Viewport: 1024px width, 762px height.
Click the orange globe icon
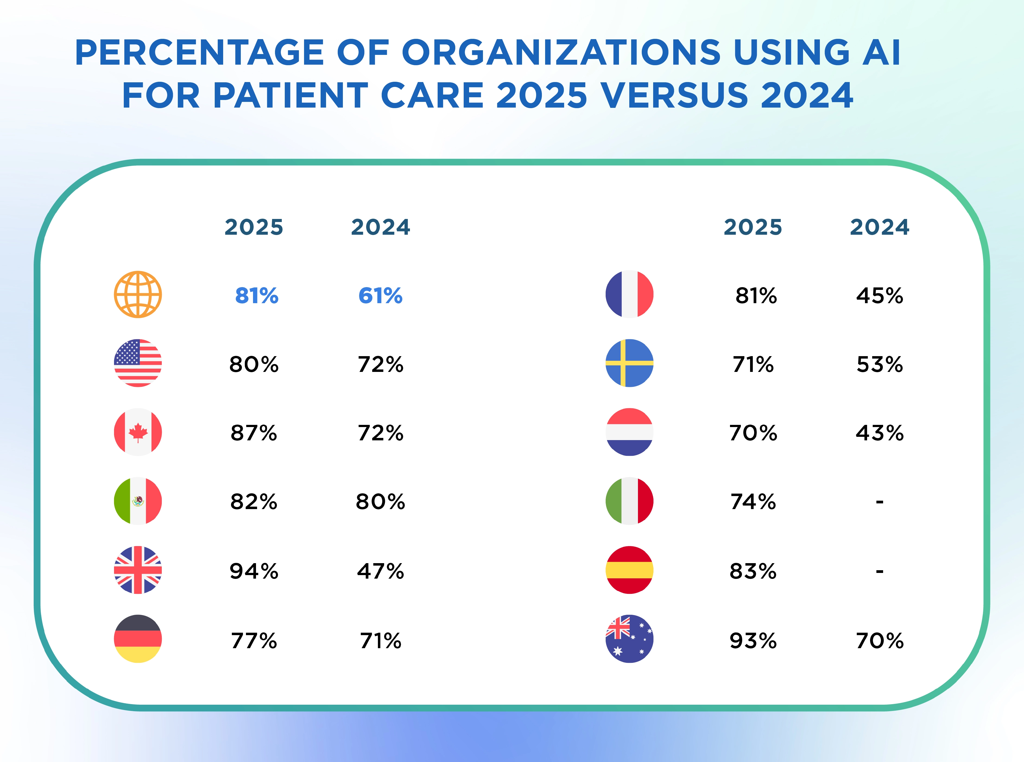pos(138,294)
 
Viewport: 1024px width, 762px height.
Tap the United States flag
pos(138,363)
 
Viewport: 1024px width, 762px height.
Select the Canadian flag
pos(138,432)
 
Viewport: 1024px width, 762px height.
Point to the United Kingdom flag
pos(138,570)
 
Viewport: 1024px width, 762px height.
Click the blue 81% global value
pos(257,296)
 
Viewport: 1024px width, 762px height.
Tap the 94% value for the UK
pos(254,572)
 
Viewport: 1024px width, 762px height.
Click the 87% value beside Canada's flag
pos(254,433)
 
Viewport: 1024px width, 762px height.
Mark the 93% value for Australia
pos(753,641)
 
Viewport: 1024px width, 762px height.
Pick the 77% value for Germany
pos(254,641)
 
